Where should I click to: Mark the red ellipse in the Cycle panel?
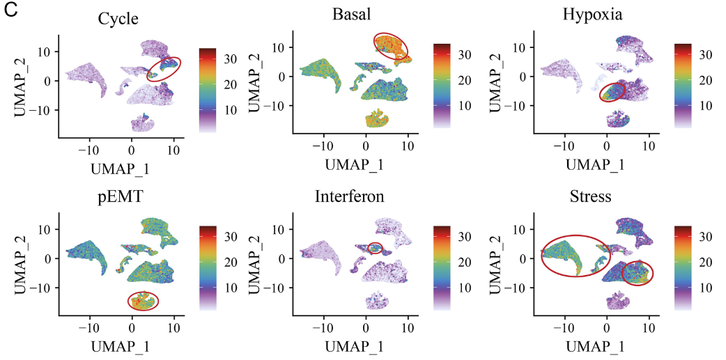(164, 68)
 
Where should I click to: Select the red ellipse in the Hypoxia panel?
(613, 91)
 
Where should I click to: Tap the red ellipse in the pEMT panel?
(144, 301)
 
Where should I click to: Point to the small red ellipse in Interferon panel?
(375, 247)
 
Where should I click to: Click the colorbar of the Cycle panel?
(208, 90)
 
